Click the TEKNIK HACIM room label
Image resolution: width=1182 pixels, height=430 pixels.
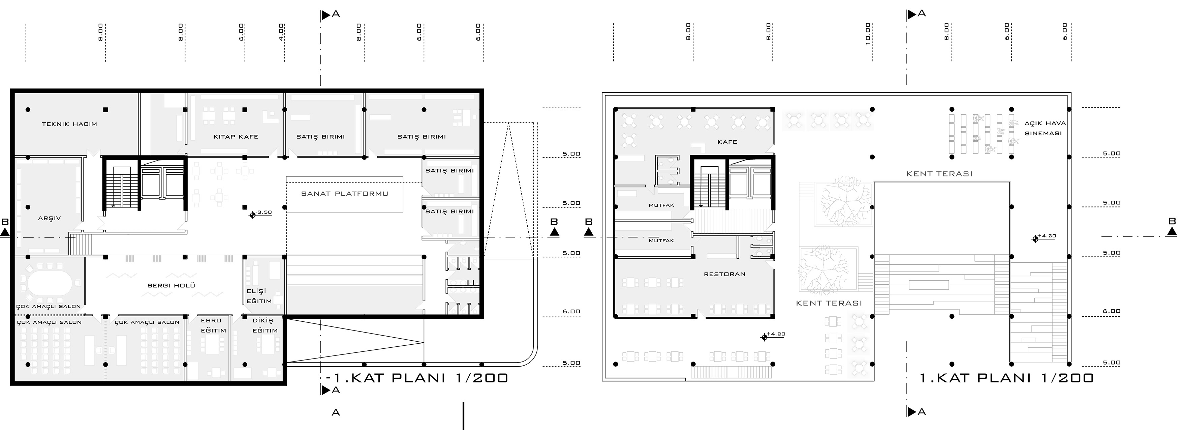click(69, 124)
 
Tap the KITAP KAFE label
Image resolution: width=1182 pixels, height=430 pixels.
click(236, 137)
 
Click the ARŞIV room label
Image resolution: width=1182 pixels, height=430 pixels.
click(49, 218)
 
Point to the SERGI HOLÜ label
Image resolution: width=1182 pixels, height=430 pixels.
click(171, 285)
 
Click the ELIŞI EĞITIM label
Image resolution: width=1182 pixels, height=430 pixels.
click(259, 296)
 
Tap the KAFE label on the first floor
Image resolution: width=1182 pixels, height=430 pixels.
click(727, 142)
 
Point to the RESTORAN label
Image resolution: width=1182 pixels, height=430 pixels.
click(724, 274)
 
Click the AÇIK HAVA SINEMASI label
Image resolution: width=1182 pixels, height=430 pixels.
click(1045, 128)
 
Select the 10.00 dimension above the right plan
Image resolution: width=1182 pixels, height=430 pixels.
click(868, 33)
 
